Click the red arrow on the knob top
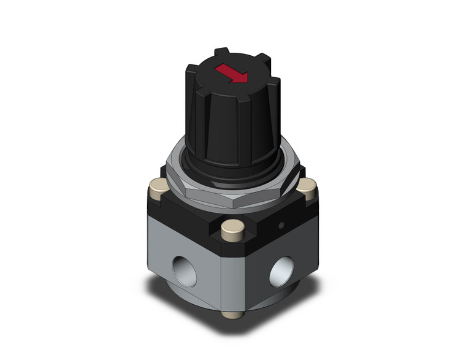[x=232, y=75]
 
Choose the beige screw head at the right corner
[x=308, y=186]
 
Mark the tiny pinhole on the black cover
[x=281, y=226]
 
